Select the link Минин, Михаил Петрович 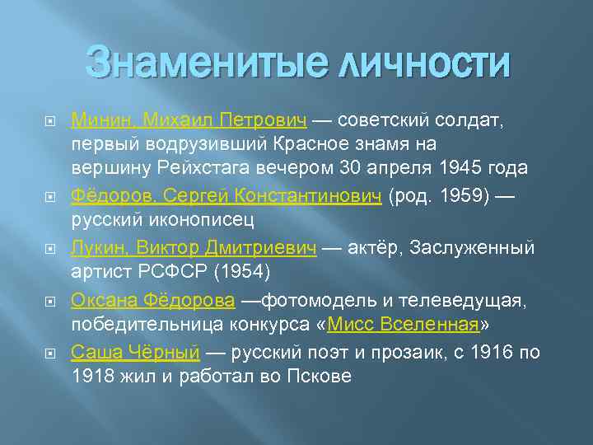click(x=189, y=121)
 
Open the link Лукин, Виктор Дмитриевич click(x=194, y=249)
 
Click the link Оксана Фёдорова click(x=152, y=301)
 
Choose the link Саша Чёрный click(x=135, y=353)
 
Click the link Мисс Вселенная click(x=403, y=322)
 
